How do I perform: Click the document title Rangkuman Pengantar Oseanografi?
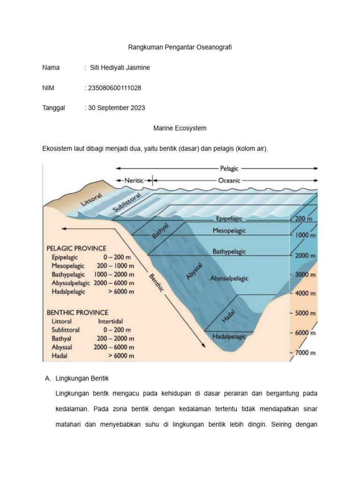(x=180, y=47)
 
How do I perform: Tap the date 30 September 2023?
(x=115, y=108)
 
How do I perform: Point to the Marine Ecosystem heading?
(x=180, y=128)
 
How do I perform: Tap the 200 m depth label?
(x=305, y=218)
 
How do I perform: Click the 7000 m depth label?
(x=305, y=352)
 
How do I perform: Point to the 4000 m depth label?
(x=305, y=293)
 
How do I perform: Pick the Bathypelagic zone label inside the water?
(x=229, y=252)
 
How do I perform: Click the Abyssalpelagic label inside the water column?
(x=230, y=278)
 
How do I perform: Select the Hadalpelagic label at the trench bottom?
(x=229, y=336)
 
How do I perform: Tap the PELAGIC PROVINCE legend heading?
(x=76, y=248)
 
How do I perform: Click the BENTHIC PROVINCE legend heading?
(x=77, y=312)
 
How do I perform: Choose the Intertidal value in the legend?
(x=111, y=322)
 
